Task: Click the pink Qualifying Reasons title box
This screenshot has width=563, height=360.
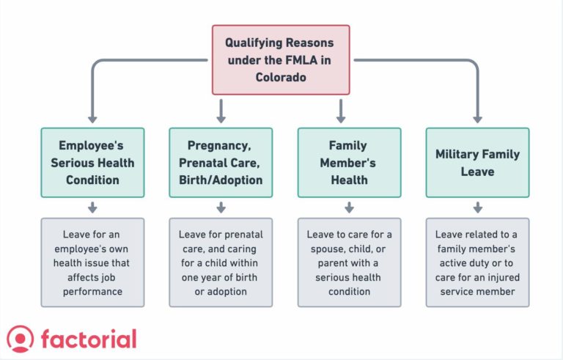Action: pyautogui.click(x=281, y=59)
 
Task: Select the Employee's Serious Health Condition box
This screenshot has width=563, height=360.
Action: pyautogui.click(x=92, y=162)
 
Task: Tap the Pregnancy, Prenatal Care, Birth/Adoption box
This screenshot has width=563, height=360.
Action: pyautogui.click(x=221, y=162)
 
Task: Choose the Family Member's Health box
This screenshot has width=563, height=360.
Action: pyautogui.click(x=349, y=162)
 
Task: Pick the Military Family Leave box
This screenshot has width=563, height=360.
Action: pyautogui.click(x=477, y=162)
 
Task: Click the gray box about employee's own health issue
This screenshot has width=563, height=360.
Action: pyautogui.click(x=92, y=262)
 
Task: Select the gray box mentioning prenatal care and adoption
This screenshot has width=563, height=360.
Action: pyautogui.click(x=221, y=262)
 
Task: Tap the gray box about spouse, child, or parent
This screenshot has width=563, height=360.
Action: pyautogui.click(x=349, y=262)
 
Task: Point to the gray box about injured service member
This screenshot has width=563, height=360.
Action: pyautogui.click(x=477, y=262)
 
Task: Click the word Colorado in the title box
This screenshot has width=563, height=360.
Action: pyautogui.click(x=281, y=76)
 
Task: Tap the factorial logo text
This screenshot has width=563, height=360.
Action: pyautogui.click(x=89, y=339)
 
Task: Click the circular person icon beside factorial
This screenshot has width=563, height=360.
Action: pyautogui.click(x=21, y=339)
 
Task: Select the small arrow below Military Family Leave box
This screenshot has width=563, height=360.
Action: pyautogui.click(x=477, y=208)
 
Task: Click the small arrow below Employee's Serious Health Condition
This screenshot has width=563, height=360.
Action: pyautogui.click(x=92, y=208)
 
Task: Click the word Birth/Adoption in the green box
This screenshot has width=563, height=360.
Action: pyautogui.click(x=221, y=180)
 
